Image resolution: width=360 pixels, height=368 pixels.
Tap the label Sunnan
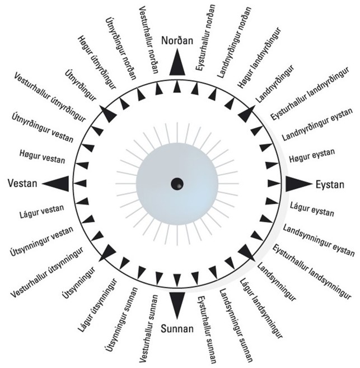tap(177, 328)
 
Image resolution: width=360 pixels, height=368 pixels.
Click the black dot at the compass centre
tap(177, 183)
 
